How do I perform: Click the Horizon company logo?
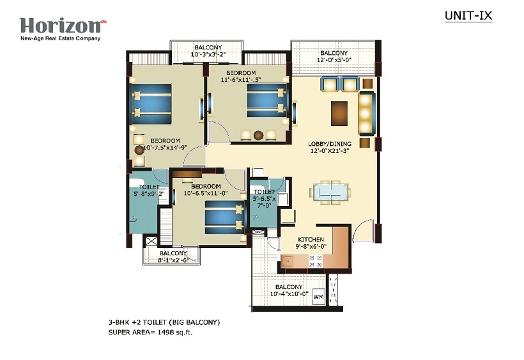click(x=63, y=29)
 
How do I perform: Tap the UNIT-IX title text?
click(x=468, y=16)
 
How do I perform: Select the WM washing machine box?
click(x=318, y=297)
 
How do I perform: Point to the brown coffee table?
click(x=339, y=113)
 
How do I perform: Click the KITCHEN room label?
click(x=311, y=239)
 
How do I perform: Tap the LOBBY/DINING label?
click(x=330, y=144)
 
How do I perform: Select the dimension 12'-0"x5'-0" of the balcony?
click(x=334, y=60)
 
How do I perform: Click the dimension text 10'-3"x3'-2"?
click(x=208, y=54)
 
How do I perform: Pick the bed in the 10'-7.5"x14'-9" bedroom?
click(x=151, y=104)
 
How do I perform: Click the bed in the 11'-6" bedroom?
click(x=266, y=100)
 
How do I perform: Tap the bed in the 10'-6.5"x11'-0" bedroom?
click(x=224, y=217)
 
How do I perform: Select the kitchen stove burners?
click(x=316, y=261)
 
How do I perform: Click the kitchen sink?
click(x=287, y=261)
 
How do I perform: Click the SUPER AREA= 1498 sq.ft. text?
click(x=150, y=333)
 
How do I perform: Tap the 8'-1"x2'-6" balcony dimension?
click(x=173, y=260)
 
